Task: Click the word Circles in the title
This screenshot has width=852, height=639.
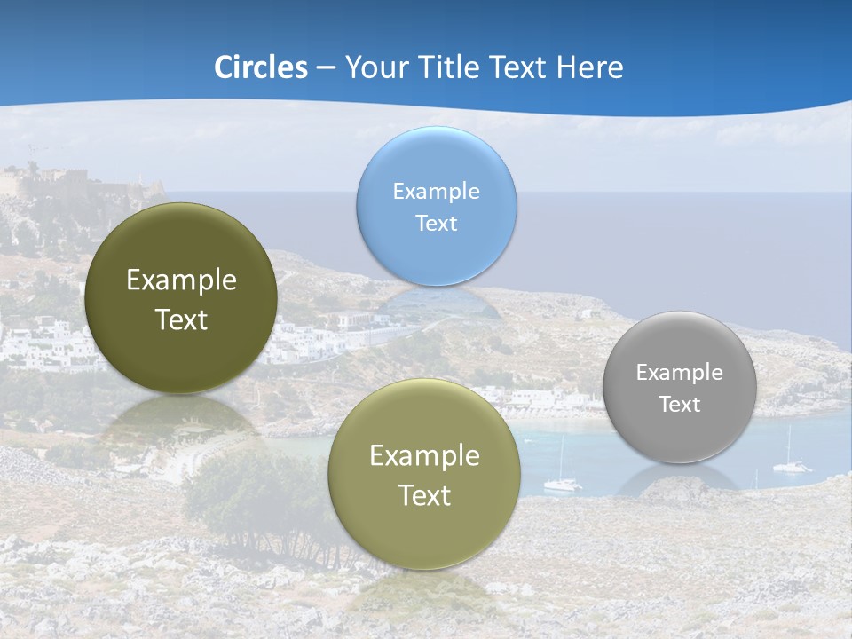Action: point(260,67)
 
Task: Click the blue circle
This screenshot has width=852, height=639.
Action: point(436,206)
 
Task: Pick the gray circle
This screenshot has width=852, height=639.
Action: point(679,387)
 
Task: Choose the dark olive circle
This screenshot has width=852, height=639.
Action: point(181,298)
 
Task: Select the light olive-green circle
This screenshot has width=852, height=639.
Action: point(424,474)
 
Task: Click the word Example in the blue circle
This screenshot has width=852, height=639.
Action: point(436,191)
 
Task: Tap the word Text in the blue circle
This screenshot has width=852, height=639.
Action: point(436,223)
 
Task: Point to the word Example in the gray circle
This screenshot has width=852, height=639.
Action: point(679,372)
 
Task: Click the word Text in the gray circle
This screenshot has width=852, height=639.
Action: point(679,404)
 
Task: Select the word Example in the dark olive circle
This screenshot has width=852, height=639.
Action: point(181,280)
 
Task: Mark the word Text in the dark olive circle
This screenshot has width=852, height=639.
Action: point(181,319)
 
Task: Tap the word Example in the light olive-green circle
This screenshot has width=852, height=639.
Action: point(424,455)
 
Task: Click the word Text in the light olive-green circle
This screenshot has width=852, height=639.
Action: point(424,495)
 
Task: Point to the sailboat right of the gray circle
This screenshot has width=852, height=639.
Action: point(790,460)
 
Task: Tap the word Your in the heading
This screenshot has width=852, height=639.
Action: point(375,67)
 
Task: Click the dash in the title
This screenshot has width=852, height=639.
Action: point(326,68)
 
